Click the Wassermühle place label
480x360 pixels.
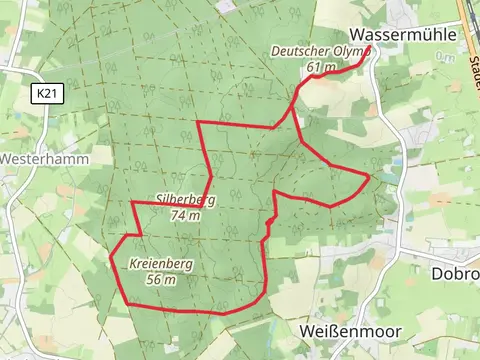pyautogui.click(x=404, y=33)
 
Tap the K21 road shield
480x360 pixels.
pyautogui.click(x=44, y=94)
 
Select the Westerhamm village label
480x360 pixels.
pyautogui.click(x=44, y=158)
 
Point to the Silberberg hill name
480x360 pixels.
pyautogui.click(x=186, y=199)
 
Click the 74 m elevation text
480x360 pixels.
pyautogui.click(x=186, y=214)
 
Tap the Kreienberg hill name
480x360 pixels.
pyautogui.click(x=161, y=265)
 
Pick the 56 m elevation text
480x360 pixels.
pyautogui.click(x=161, y=280)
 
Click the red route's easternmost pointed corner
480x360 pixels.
pyautogui.click(x=370, y=177)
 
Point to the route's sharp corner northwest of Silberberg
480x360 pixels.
pyautogui.click(x=132, y=202)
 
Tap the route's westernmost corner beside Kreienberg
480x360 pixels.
pyautogui.click(x=110, y=257)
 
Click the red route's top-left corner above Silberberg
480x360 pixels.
pyautogui.click(x=198, y=122)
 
